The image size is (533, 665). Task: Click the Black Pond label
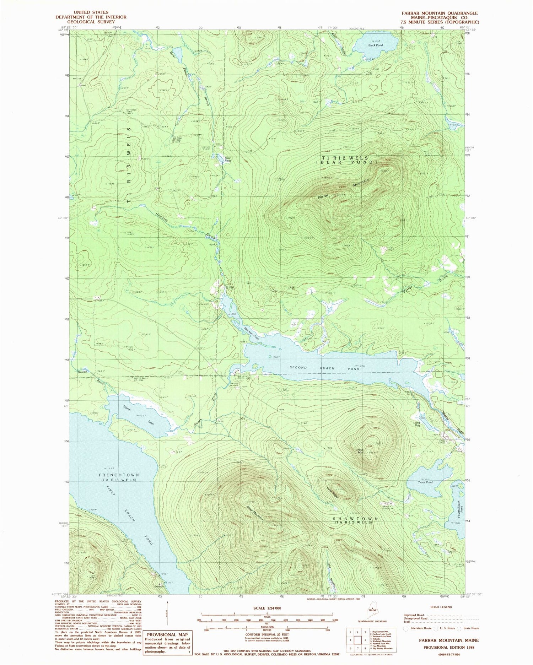tap(376, 45)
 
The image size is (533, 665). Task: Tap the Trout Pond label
tap(425, 482)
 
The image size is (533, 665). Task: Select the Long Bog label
tap(417, 424)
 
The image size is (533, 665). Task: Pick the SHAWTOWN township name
tap(355, 519)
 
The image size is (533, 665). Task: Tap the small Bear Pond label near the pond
tap(227, 160)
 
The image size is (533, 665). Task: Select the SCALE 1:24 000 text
tap(267, 608)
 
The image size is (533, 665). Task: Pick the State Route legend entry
tap(468, 628)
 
